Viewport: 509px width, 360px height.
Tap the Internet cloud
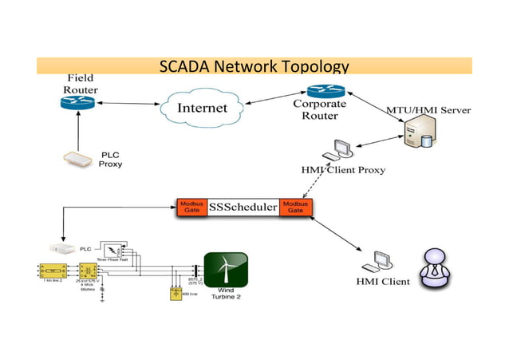click(202, 108)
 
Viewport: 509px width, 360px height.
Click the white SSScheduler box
click(243, 208)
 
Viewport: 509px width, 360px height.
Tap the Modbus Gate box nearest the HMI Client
click(296, 208)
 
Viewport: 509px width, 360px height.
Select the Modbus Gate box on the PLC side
click(191, 208)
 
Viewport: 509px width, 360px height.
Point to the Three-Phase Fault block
click(117, 249)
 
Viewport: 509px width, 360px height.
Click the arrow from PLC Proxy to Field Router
click(77, 131)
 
